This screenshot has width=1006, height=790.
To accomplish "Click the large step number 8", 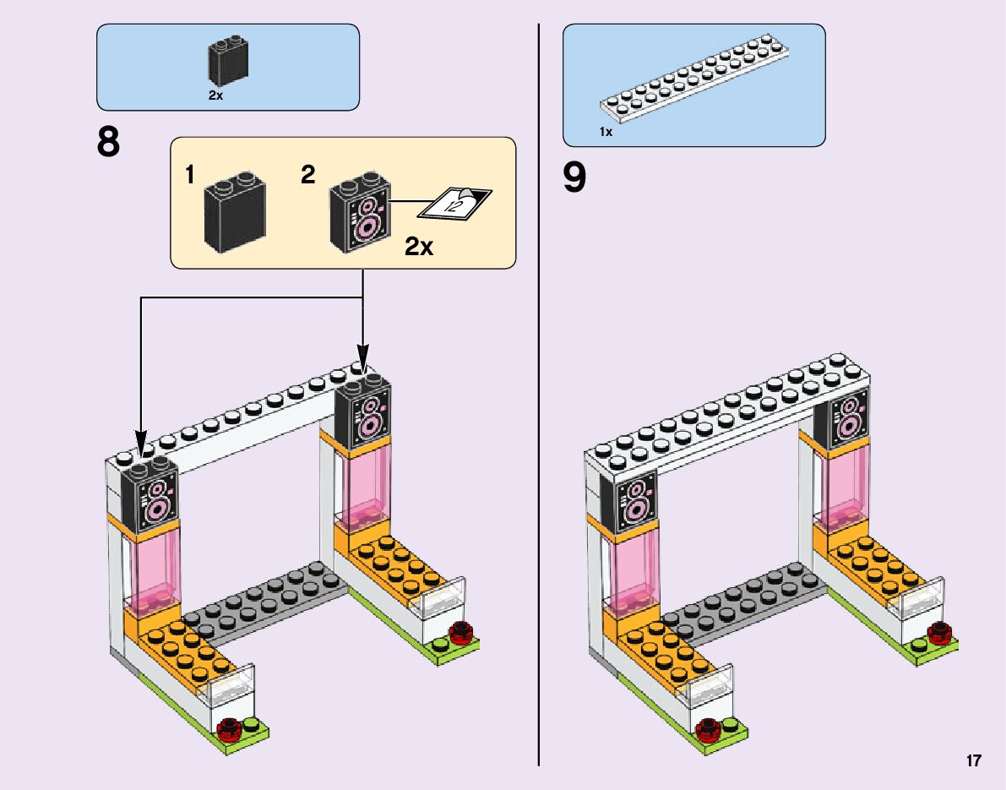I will tap(109, 143).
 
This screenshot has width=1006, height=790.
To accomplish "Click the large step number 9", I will tap(574, 178).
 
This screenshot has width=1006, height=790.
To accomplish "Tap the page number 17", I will tap(974, 761).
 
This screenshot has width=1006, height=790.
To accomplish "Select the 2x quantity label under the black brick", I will tap(215, 96).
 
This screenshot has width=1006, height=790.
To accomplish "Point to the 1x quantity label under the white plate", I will tap(606, 132).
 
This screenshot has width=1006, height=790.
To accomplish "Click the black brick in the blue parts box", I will tap(227, 62).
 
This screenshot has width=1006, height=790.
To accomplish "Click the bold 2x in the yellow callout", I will tap(419, 247).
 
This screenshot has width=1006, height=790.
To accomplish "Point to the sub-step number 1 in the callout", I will tap(190, 176).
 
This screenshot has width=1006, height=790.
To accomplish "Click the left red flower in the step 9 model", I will tap(708, 727).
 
